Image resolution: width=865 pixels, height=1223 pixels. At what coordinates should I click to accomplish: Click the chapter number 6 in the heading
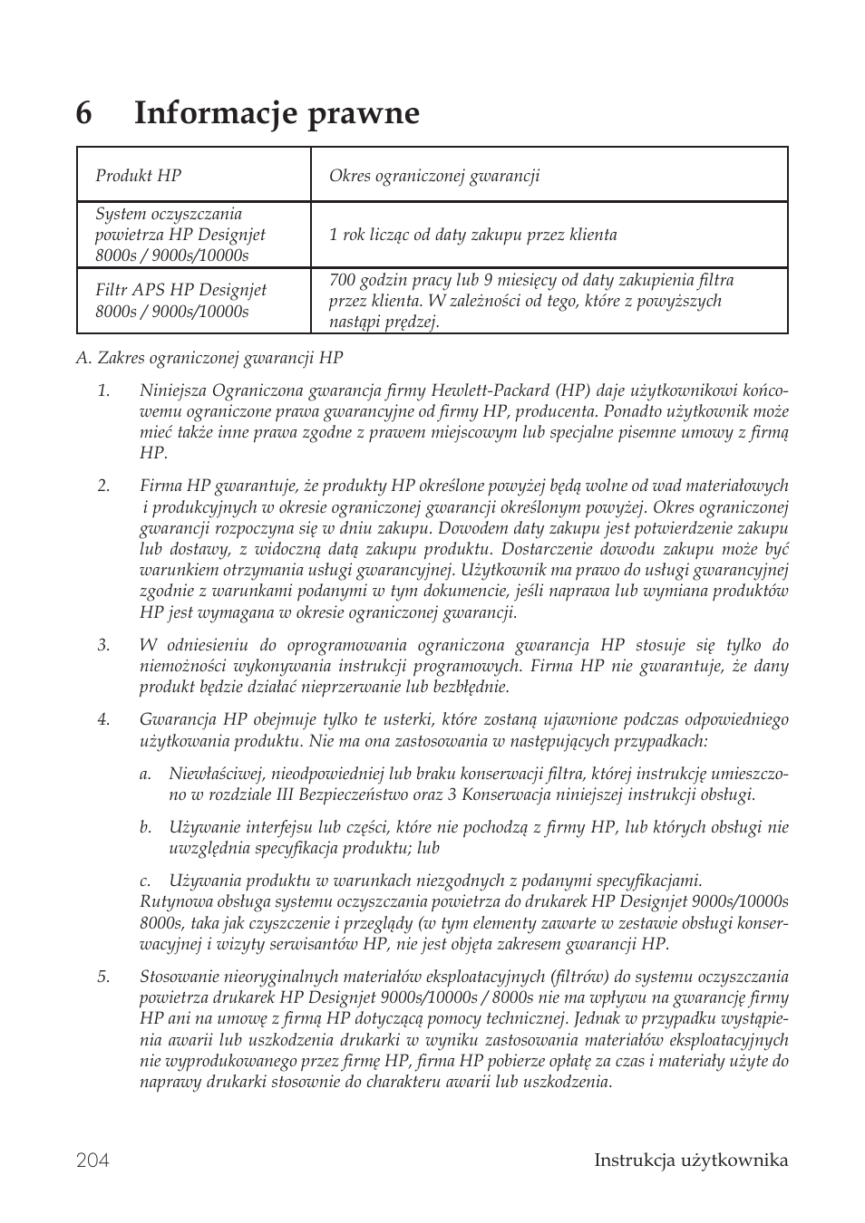tap(84, 114)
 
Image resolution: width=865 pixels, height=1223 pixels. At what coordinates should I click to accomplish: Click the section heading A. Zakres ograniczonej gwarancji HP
tap(209, 358)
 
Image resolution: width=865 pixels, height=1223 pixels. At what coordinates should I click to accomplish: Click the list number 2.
tap(103, 486)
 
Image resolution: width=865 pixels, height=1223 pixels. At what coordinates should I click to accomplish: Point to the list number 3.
tap(103, 645)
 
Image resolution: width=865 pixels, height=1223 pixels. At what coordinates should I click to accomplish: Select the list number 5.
tap(103, 977)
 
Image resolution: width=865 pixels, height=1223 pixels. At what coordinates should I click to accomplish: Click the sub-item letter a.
tap(145, 774)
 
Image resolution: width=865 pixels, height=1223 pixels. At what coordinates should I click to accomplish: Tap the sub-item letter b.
tap(145, 827)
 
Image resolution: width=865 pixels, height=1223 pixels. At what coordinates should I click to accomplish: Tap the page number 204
tap(92, 1160)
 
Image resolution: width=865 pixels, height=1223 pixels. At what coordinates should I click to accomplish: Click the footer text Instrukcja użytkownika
tap(691, 1160)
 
